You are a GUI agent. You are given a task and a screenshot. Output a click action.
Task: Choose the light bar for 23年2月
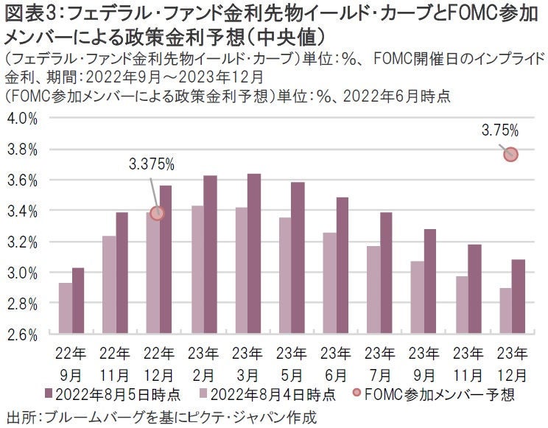click(197, 270)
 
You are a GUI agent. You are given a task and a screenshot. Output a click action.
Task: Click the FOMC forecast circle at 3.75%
click(510, 154)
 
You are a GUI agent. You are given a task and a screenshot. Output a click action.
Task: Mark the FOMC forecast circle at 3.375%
click(156, 213)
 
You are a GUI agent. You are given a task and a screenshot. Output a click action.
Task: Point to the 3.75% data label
click(500, 132)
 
